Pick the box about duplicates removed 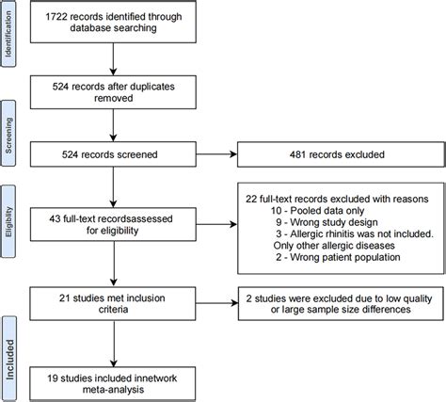click(x=112, y=92)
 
